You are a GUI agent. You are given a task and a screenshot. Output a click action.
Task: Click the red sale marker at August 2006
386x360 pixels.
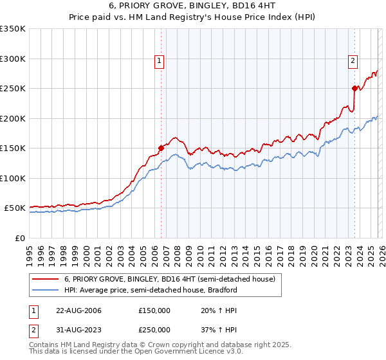tap(161, 148)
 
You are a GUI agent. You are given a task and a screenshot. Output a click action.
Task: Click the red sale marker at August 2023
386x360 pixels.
tap(354, 88)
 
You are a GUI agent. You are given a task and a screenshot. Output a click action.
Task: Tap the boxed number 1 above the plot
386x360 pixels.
tap(158, 62)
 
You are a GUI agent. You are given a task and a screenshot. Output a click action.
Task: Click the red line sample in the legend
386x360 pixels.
tap(46, 279)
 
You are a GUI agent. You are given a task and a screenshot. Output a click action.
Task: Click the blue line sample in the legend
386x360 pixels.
tap(46, 290)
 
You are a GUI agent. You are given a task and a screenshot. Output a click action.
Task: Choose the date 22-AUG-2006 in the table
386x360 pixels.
tap(78, 310)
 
